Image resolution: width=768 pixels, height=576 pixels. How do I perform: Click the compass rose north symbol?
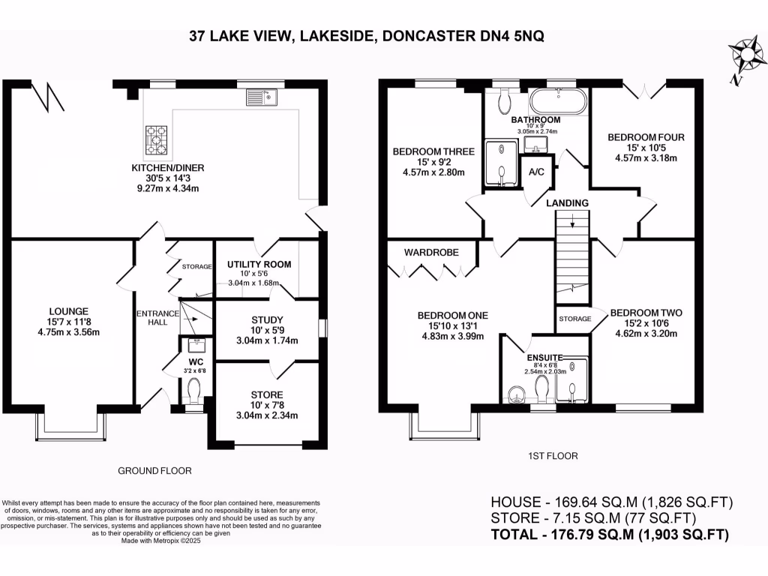tap(746, 58)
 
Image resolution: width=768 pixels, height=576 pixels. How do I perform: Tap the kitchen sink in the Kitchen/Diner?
tap(262, 97)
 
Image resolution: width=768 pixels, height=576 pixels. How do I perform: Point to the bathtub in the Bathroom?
tap(557, 102)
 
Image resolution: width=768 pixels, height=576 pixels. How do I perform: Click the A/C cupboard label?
tap(536, 172)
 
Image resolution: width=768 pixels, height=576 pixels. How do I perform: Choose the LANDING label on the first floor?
tap(567, 202)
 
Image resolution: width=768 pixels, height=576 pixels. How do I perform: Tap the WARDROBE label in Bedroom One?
tap(431, 252)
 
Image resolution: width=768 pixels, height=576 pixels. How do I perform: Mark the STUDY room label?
tap(267, 319)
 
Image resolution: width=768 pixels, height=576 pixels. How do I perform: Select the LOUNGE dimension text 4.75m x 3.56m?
tap(68, 332)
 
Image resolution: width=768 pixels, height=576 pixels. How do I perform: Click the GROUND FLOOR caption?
tap(154, 471)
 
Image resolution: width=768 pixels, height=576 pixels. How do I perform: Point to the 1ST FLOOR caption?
tap(553, 456)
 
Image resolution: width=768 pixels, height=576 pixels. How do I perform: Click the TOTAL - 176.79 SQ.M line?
tap(610, 534)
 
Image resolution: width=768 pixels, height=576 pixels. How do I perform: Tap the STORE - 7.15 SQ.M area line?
tap(594, 518)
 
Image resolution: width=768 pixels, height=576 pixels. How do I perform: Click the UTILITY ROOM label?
tap(259, 265)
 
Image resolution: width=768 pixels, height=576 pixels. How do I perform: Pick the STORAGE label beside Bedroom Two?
tap(575, 319)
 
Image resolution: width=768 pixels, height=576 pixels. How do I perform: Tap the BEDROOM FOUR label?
tap(646, 137)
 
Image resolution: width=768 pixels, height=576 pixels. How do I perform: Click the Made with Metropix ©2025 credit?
tap(161, 541)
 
